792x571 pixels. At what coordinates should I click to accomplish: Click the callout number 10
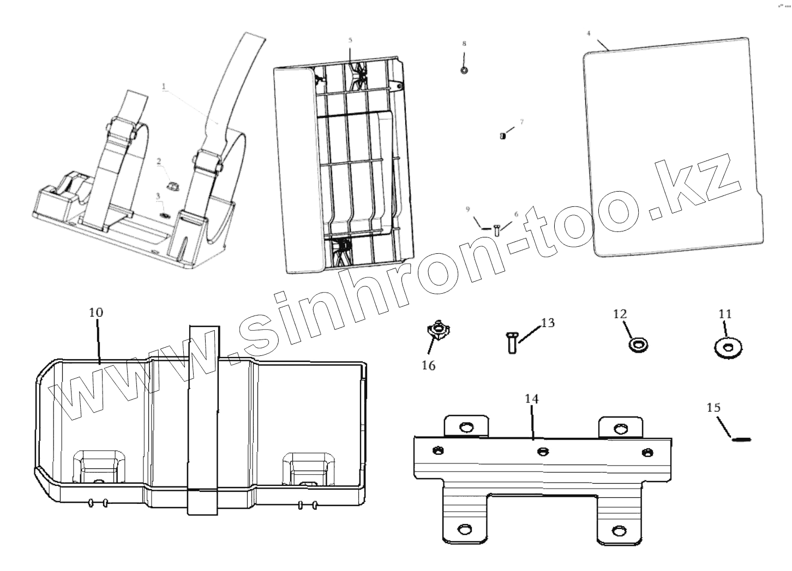click(x=96, y=313)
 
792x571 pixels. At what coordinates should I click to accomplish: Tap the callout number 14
click(x=532, y=399)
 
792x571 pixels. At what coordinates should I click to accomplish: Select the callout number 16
click(x=429, y=366)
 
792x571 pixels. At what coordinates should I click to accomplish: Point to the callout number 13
click(x=548, y=323)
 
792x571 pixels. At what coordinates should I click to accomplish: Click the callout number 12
click(x=620, y=314)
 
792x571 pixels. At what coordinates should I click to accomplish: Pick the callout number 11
click(x=725, y=314)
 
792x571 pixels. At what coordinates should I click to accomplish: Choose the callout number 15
click(x=713, y=407)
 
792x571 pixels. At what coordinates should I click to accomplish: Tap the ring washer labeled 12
click(x=638, y=344)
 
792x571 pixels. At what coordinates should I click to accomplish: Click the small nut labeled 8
click(x=464, y=70)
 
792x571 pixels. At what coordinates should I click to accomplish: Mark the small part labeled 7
click(x=502, y=136)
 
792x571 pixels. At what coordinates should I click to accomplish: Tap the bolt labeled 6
click(x=497, y=230)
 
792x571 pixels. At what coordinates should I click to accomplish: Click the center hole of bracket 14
click(x=542, y=451)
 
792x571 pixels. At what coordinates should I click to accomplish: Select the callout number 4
click(x=589, y=33)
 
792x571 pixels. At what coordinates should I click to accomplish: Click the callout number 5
click(x=350, y=40)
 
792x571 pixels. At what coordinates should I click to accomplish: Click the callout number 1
click(x=163, y=86)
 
